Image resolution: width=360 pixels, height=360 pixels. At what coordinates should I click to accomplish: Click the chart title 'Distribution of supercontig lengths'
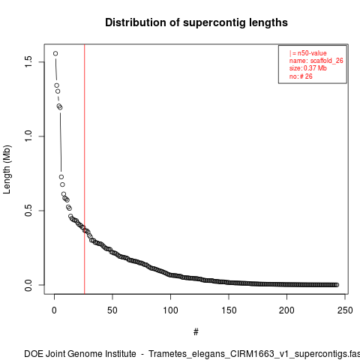196,22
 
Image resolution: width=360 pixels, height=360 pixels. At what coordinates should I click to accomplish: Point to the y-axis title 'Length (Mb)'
7,169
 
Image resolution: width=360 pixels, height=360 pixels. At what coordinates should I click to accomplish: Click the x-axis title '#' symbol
196,332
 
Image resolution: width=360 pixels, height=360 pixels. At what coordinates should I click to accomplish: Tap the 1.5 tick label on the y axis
28,61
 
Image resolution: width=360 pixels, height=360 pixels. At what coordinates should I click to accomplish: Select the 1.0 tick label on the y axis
28,136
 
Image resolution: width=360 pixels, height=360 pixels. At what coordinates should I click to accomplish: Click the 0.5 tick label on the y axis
28,211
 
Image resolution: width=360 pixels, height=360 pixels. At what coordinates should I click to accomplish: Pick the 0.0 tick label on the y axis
28,285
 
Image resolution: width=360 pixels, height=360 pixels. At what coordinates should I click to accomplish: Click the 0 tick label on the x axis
54,310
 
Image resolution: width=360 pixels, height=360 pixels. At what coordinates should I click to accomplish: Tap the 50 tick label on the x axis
112,310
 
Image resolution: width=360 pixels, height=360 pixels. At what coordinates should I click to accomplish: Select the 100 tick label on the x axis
170,310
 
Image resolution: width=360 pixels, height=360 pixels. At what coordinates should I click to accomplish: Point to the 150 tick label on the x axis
229,310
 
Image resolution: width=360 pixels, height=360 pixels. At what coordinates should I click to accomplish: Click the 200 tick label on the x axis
286,310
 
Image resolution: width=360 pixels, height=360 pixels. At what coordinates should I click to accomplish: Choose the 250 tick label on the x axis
345,310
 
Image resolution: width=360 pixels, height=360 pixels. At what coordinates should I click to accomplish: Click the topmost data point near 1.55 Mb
55,53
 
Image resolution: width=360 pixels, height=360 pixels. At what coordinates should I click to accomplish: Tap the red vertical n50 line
85,169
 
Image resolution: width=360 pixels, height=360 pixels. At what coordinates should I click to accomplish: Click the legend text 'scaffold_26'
327,61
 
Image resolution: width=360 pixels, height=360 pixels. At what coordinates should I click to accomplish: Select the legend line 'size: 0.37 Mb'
308,68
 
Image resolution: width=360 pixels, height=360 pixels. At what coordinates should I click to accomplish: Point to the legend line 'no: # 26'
301,76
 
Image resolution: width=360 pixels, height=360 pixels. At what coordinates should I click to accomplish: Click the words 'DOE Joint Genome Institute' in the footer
80,354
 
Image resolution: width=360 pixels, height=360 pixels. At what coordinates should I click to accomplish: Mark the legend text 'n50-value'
312,53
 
